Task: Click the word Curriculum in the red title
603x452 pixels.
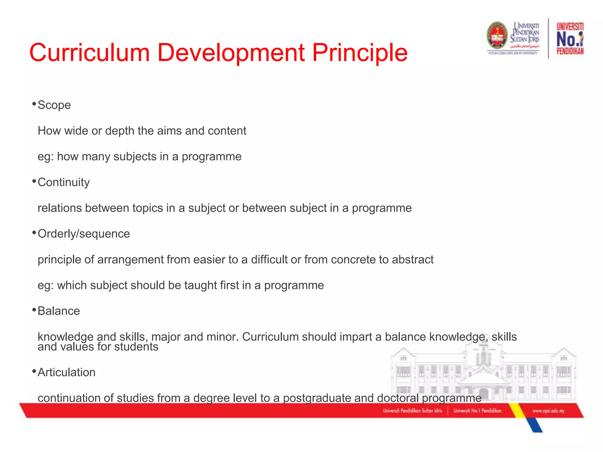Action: [90, 53]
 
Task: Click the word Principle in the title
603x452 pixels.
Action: [360, 53]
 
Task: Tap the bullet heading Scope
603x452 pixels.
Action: [54, 105]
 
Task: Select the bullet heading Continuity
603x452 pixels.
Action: [64, 182]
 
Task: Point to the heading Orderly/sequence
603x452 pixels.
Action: [84, 234]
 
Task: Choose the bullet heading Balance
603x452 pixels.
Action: [59, 311]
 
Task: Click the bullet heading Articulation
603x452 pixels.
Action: [67, 373]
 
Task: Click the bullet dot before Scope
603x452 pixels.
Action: [34, 104]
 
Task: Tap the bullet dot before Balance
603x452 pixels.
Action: [34, 310]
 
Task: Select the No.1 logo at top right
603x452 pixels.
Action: [570, 39]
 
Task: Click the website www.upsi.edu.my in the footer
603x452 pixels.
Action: [548, 411]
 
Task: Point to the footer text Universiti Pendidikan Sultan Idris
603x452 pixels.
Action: [412, 411]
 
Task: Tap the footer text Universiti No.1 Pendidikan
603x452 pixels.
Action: [477, 411]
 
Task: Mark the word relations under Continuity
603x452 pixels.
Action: [60, 208]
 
